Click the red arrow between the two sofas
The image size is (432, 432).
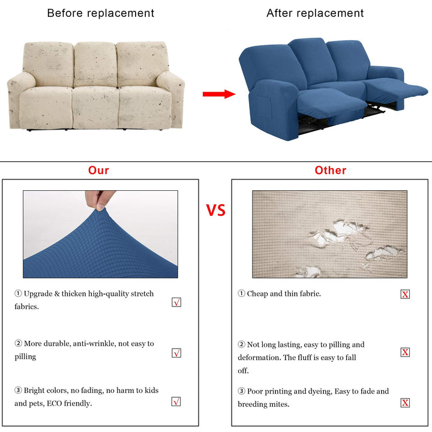click(219, 94)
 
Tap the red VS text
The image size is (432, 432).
click(216, 210)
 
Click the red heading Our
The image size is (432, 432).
click(98, 170)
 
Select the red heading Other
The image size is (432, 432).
click(331, 170)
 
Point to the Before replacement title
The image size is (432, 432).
click(101, 13)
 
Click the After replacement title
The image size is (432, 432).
click(315, 13)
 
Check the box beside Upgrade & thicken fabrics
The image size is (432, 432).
click(176, 302)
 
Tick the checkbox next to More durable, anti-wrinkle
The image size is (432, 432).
click(176, 353)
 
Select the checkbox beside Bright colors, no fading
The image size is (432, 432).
click(176, 401)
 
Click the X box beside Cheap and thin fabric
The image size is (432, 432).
click(405, 294)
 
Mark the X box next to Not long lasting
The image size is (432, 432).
click(405, 352)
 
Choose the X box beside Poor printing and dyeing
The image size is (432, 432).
click(405, 403)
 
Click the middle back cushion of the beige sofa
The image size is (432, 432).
click(95, 64)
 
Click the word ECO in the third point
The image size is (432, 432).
click(54, 404)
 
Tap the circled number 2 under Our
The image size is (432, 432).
click(18, 343)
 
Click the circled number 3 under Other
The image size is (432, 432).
click(241, 391)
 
